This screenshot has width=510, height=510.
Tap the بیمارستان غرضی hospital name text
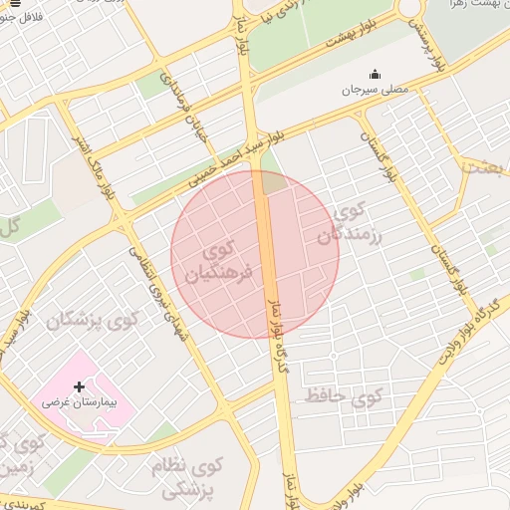coord(79,405)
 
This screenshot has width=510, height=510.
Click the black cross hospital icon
coord(79,386)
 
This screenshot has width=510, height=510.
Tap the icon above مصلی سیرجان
coord(375,74)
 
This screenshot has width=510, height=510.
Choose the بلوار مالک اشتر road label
coord(89,145)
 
